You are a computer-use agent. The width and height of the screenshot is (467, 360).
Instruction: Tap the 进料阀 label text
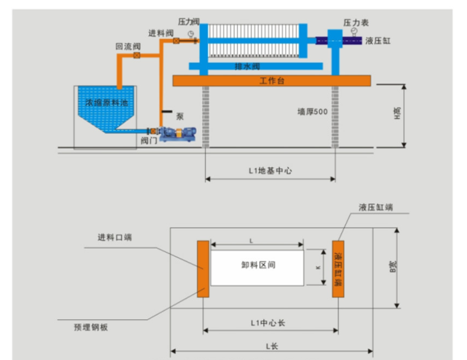(x=160, y=33)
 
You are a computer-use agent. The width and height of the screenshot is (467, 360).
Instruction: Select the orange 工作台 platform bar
(x=271, y=80)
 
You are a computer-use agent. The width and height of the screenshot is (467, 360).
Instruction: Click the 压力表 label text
(x=356, y=23)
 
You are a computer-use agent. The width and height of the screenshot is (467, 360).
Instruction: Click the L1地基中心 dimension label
(x=270, y=170)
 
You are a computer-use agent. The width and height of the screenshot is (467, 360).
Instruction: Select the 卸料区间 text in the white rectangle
(x=257, y=265)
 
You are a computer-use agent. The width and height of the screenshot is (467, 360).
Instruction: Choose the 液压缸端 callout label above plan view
(x=375, y=207)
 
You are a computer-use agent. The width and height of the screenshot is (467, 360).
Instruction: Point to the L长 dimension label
(x=271, y=346)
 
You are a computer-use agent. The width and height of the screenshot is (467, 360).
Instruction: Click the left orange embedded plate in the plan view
(x=203, y=268)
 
